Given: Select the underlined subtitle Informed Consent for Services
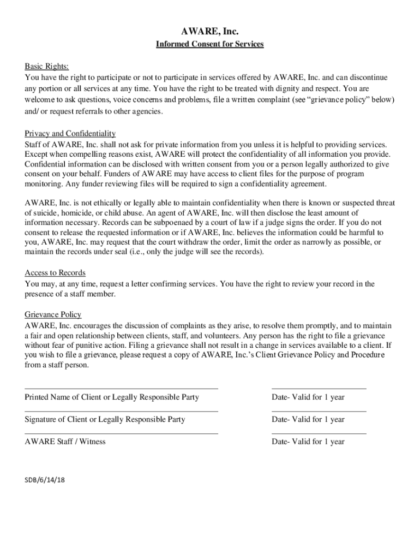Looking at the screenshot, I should pos(210,44).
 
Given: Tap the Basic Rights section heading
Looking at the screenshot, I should pos(47,67).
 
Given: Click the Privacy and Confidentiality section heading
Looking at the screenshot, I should pos(70,134).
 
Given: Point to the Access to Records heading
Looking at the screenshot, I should pos(55,273).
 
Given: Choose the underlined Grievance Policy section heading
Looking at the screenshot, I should pos(53,314).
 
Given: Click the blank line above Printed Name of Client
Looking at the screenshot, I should pos(121,389).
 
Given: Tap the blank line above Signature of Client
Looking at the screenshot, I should pos(121,411).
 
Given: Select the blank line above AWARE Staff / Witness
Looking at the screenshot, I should pos(121,433).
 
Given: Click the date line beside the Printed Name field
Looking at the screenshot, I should pos(319,389).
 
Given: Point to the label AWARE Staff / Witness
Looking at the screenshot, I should pos(65,442).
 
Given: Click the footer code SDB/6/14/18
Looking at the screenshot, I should pos(45,480).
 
